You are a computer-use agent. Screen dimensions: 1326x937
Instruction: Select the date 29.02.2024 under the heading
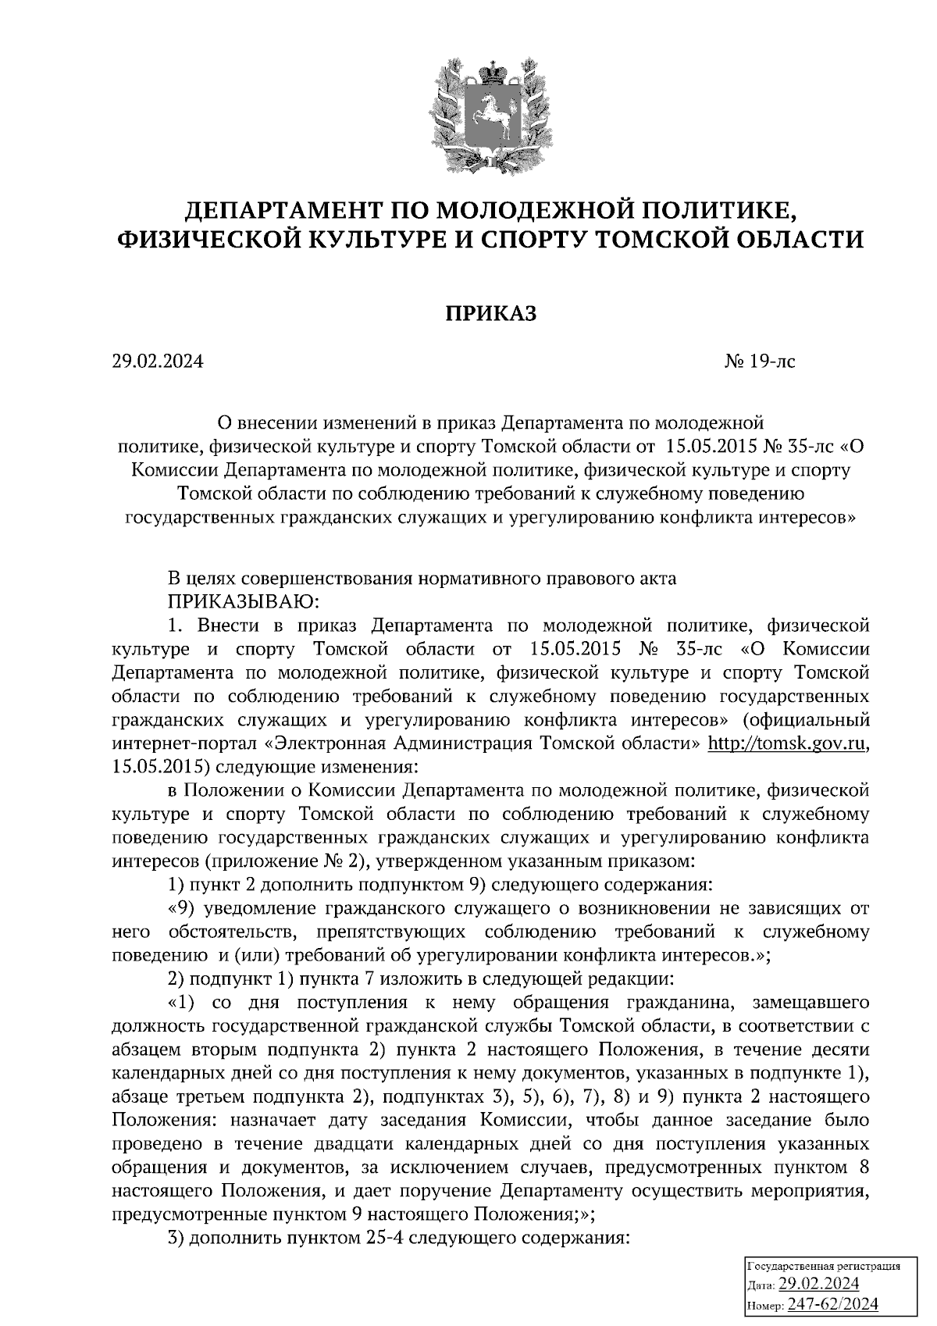(156, 362)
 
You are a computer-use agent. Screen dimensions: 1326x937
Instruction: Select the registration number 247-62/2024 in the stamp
(832, 1304)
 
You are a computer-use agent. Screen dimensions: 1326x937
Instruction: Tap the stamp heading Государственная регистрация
(824, 1266)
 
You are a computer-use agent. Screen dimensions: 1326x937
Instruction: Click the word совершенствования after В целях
(326, 579)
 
